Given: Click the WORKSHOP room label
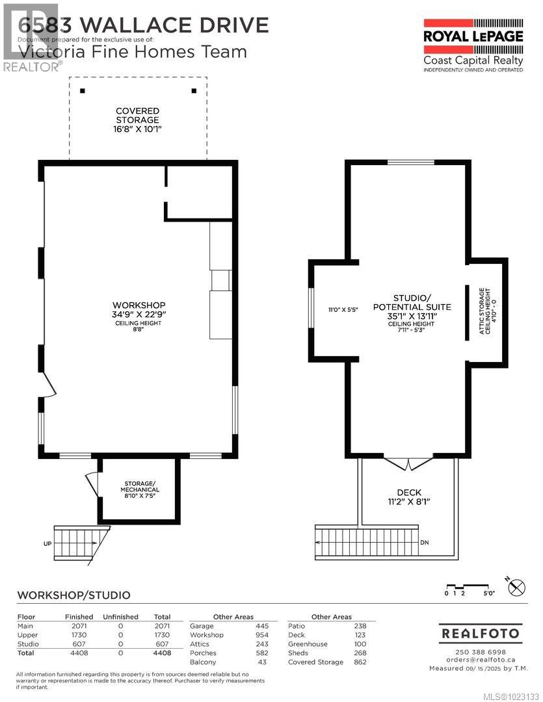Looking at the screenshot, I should click(139, 305).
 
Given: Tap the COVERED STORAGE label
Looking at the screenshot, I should click(137, 120).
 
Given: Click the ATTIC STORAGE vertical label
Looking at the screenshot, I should click(484, 311).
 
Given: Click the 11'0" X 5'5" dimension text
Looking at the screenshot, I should click(343, 310).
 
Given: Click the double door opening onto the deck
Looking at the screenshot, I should click(408, 463).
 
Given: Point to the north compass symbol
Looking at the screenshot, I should click(516, 586).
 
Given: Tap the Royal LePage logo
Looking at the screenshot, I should click(473, 43).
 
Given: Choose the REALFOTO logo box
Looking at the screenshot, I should click(481, 632).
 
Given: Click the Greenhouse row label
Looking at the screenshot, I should click(308, 644).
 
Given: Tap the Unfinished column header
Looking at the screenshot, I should click(120, 617).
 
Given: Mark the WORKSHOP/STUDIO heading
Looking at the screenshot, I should click(73, 595).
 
